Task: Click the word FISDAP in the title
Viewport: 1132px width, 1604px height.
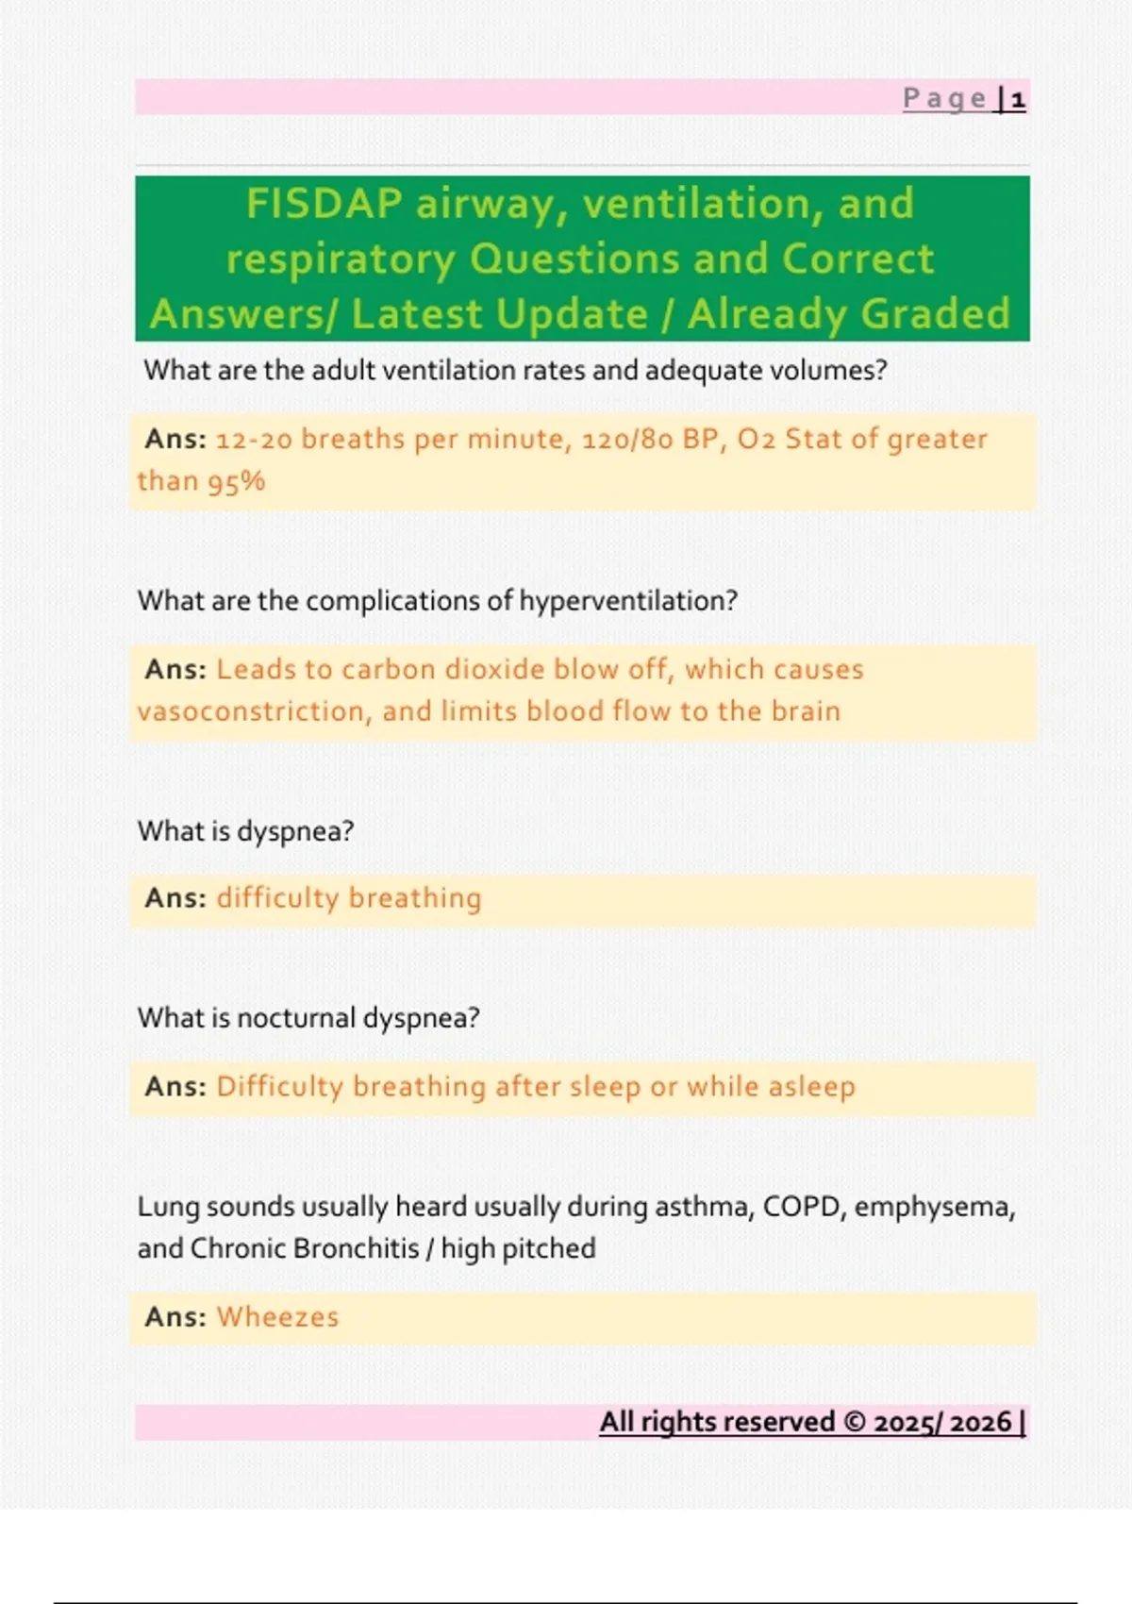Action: tap(324, 204)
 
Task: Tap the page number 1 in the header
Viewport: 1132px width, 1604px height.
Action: tap(1018, 99)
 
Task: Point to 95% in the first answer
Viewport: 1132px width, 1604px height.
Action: tap(236, 481)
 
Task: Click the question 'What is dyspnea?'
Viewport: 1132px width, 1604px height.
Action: tap(245, 831)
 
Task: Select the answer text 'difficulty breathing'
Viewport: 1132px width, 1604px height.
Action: tap(349, 898)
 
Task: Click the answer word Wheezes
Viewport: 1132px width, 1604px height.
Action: tap(277, 1317)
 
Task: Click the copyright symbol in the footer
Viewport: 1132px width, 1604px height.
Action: tap(854, 1422)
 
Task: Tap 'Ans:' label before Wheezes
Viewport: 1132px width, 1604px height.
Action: tap(175, 1317)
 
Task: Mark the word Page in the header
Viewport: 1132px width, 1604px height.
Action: tap(944, 99)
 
